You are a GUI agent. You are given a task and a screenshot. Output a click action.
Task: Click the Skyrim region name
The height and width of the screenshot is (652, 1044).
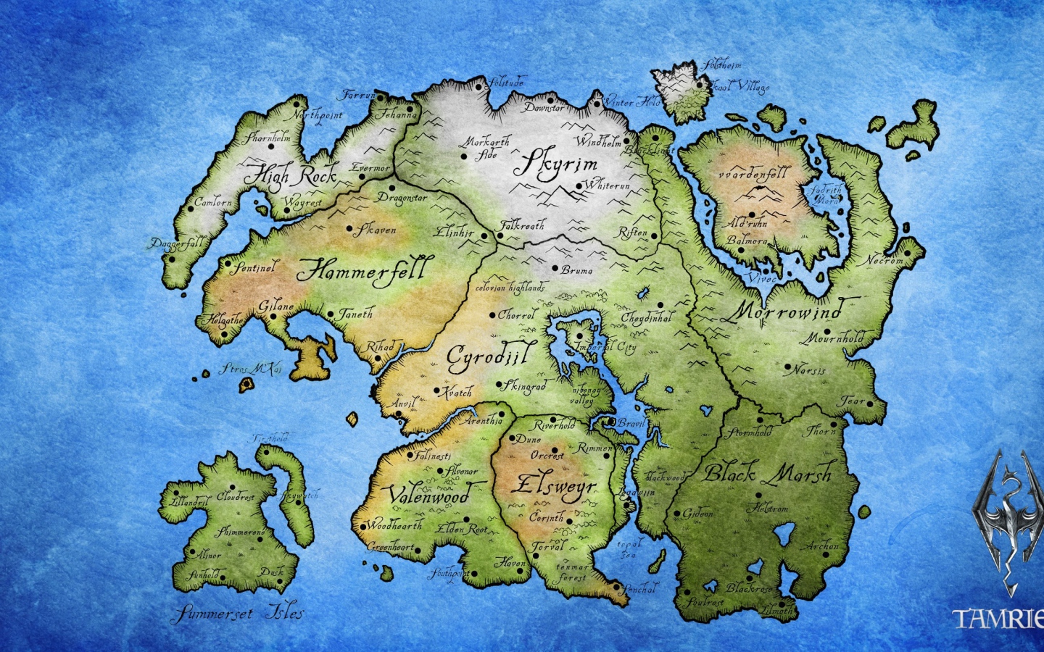tap(556, 165)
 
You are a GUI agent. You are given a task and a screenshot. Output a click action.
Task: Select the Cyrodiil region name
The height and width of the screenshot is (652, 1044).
tap(491, 356)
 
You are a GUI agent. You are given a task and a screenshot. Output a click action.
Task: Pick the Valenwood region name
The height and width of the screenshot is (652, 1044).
tap(430, 496)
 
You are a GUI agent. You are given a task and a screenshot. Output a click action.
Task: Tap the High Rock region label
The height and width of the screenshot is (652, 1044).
tap(290, 175)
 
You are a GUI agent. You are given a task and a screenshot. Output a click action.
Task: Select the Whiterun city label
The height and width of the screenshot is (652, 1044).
tap(608, 185)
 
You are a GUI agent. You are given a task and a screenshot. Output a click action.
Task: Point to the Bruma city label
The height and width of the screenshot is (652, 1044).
tap(577, 270)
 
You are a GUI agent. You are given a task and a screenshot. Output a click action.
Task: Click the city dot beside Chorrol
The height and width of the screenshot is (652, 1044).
tap(492, 315)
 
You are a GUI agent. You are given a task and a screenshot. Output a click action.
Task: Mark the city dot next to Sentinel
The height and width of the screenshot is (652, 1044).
tap(226, 264)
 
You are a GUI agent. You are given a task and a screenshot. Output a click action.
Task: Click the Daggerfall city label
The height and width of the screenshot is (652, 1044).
tap(177, 243)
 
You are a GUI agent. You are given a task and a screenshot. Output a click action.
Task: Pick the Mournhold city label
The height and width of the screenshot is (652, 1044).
tap(833, 338)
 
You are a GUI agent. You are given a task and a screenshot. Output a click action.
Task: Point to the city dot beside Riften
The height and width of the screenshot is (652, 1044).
tap(654, 235)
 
